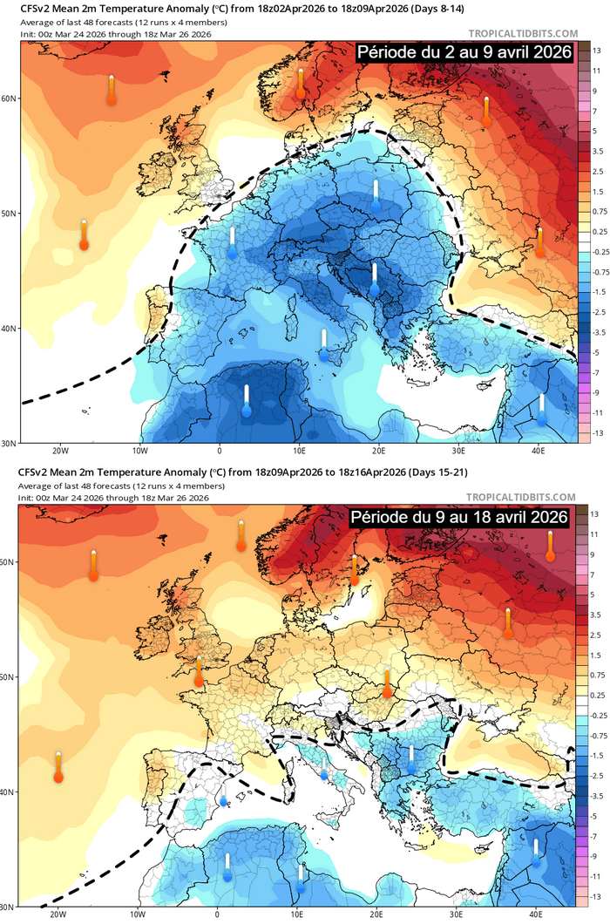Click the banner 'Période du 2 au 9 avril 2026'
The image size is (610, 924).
click(463, 53)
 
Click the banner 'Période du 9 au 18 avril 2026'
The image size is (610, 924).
click(459, 517)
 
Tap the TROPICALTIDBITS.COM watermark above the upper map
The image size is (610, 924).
click(522, 34)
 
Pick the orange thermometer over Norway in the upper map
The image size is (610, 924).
click(301, 84)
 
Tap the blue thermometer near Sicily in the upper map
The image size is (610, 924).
click(323, 345)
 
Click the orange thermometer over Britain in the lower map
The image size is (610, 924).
click(199, 671)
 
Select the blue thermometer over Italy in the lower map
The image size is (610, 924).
click(323, 767)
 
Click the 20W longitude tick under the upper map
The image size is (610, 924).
click(60, 450)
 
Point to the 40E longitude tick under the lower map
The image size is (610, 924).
click(536, 914)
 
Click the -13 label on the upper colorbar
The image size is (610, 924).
click(598, 433)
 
